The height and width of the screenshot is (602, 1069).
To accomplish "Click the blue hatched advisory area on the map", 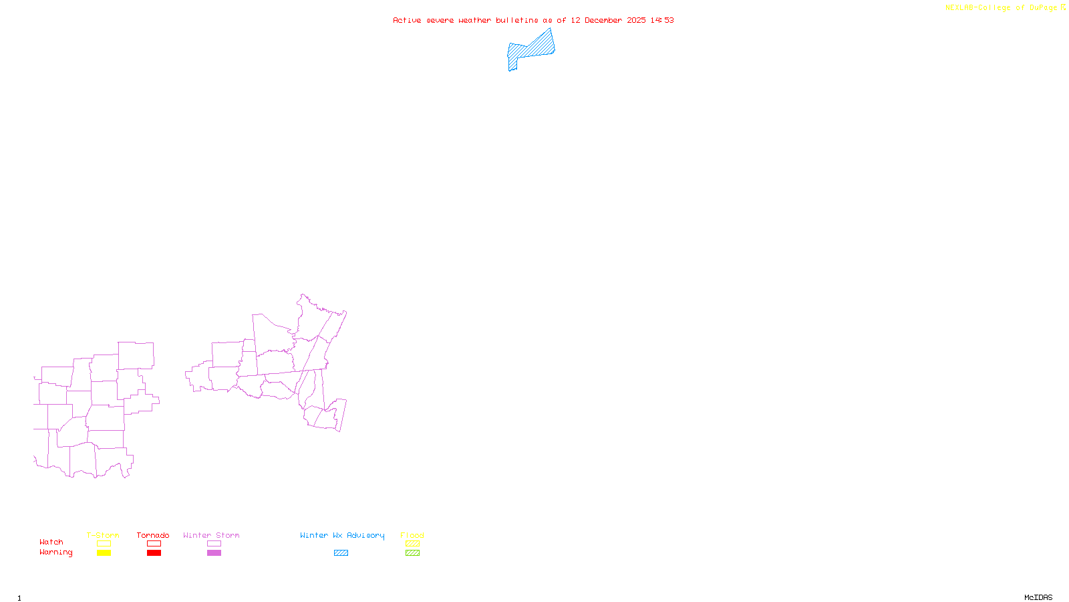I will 532,49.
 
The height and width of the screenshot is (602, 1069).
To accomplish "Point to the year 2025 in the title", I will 636,20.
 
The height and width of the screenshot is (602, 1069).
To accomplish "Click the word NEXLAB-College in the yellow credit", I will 977,8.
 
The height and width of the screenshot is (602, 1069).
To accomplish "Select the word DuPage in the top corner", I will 1043,8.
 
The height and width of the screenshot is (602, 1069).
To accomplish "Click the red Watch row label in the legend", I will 51,542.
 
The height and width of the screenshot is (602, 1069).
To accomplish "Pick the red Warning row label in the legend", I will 55,553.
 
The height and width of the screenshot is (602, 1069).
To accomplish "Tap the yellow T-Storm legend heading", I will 103,535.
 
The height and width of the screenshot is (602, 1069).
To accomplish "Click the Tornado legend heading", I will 153,535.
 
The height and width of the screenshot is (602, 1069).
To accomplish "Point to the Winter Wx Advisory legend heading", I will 342,535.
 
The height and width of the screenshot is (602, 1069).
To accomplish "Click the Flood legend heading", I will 412,535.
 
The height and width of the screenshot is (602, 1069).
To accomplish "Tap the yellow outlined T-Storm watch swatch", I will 104,544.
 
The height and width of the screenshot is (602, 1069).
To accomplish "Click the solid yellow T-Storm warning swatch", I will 104,553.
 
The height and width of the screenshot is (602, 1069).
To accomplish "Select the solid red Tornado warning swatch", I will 154,553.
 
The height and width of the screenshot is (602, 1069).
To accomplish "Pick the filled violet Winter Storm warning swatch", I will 214,553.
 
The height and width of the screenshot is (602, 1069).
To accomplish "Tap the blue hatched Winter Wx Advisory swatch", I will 341,553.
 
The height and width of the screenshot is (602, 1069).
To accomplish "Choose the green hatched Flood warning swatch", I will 412,553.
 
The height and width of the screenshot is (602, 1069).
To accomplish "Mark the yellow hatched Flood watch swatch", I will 412,544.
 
